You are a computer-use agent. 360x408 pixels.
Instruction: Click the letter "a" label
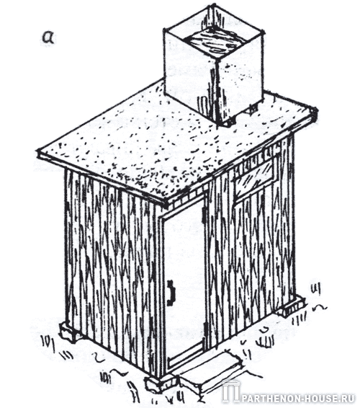(48, 38)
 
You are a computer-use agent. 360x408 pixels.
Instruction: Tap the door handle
(171, 292)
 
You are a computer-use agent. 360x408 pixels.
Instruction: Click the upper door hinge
(204, 216)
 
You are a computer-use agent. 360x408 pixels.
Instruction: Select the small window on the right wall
(253, 179)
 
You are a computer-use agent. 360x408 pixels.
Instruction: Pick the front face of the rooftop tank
(191, 76)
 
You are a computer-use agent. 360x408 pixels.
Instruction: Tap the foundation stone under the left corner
(70, 332)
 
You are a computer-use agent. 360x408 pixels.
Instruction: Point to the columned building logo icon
(231, 392)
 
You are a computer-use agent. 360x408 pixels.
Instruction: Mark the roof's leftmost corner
(39, 151)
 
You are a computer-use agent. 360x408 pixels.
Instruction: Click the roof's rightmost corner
(315, 110)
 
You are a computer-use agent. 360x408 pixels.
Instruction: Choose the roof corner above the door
(166, 205)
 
